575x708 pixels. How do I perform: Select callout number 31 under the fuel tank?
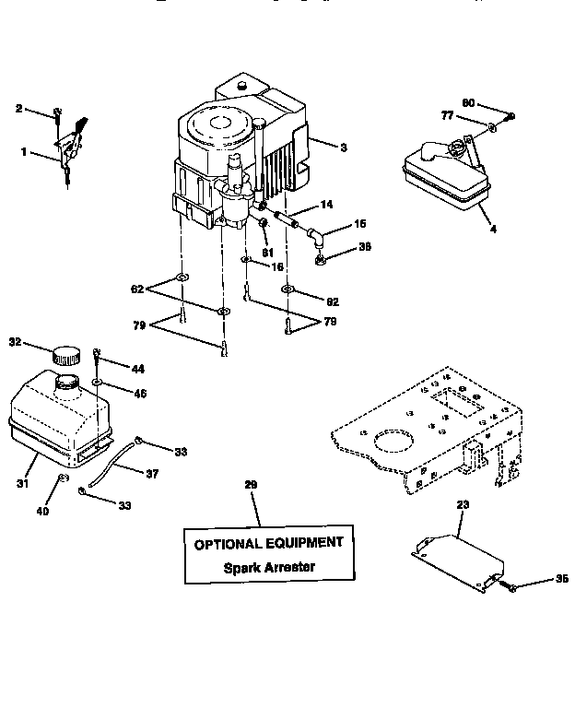[x=22, y=482]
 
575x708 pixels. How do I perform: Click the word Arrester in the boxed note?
[x=289, y=567]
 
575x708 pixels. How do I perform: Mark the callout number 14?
[x=326, y=204]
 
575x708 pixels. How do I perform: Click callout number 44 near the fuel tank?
[x=137, y=369]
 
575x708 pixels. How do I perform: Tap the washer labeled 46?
[x=98, y=382]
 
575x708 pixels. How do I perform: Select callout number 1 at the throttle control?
[x=24, y=153]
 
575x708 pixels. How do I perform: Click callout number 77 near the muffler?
[x=446, y=117]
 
